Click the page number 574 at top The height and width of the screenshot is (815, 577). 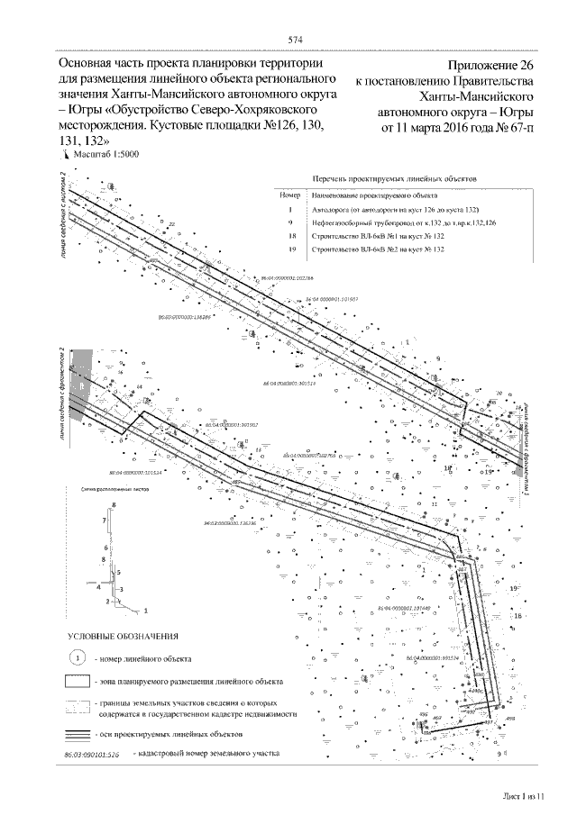pos(294,40)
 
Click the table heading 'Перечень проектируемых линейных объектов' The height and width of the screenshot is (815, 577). pos(393,180)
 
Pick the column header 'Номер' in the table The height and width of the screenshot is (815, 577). pos(290,195)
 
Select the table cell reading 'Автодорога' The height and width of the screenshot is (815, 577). pos(330,208)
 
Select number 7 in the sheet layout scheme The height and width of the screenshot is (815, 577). pos(105,521)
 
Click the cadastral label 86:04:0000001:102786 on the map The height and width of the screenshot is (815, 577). pos(298,279)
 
